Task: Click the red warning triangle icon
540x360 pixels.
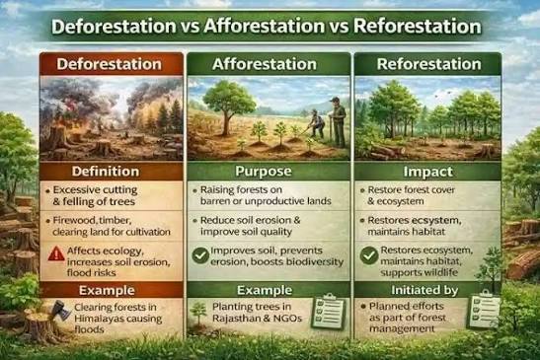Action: (56, 254)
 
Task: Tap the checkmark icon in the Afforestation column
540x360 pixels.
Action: (200, 255)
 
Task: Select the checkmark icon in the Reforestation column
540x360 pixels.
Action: (369, 255)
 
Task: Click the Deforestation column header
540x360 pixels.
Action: (110, 64)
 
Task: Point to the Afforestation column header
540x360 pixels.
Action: (265, 64)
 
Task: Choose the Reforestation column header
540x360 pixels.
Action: (428, 64)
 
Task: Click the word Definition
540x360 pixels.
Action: (106, 172)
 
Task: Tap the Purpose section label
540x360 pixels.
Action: (264, 172)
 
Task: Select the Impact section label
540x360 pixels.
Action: (428, 172)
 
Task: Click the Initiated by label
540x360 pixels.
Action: (424, 291)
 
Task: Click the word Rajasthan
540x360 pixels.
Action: (233, 318)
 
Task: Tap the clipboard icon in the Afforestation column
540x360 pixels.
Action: (328, 311)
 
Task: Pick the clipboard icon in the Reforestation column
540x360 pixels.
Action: (484, 309)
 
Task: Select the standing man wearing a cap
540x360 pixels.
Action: (338, 122)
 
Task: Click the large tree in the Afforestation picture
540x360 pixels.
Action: (228, 108)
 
